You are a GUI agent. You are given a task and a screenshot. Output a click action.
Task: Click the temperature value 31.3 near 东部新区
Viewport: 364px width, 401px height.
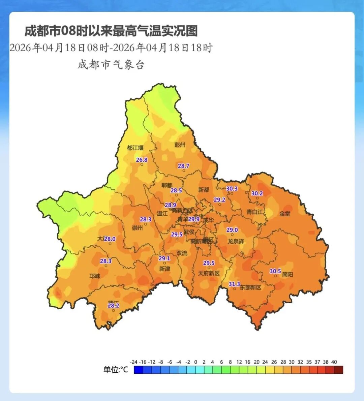(234, 284)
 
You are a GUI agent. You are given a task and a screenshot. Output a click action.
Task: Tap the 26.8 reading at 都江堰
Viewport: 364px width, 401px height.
(142, 160)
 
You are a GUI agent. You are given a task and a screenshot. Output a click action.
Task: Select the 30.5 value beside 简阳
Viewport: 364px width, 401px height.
(275, 271)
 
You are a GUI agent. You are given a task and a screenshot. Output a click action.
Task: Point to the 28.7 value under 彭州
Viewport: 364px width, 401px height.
(183, 166)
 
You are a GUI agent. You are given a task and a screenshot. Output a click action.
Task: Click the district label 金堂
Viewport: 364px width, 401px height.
(285, 214)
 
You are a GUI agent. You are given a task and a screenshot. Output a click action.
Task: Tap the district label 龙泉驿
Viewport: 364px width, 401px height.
(236, 241)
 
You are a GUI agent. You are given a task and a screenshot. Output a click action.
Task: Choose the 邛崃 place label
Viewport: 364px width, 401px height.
(95, 276)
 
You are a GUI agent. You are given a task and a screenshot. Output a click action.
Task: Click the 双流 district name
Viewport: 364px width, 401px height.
(182, 253)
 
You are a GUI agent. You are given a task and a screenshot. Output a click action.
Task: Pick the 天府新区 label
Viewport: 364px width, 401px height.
(209, 273)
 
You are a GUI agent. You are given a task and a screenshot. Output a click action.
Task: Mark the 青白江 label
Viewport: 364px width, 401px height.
(255, 212)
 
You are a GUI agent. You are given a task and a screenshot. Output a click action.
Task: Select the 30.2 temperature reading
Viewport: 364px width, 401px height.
(257, 193)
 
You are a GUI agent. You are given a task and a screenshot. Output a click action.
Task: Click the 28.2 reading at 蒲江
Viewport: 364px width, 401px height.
(113, 306)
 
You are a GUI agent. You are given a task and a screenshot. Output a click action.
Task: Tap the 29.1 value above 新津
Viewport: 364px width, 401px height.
(164, 258)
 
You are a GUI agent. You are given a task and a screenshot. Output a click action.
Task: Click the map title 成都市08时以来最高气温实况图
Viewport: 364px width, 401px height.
(111, 31)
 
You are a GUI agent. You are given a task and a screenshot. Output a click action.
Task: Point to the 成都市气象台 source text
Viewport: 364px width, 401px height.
(111, 64)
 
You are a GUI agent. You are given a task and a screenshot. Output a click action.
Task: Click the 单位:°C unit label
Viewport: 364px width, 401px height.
(116, 370)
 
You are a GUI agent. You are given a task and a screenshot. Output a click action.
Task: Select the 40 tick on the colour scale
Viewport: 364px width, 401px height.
(334, 362)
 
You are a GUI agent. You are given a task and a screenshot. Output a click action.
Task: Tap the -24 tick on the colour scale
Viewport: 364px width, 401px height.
(134, 362)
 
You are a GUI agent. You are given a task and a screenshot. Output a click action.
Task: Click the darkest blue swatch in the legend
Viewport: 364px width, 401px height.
(138, 370)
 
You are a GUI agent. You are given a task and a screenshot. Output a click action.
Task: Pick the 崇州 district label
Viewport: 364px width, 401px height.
(137, 228)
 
